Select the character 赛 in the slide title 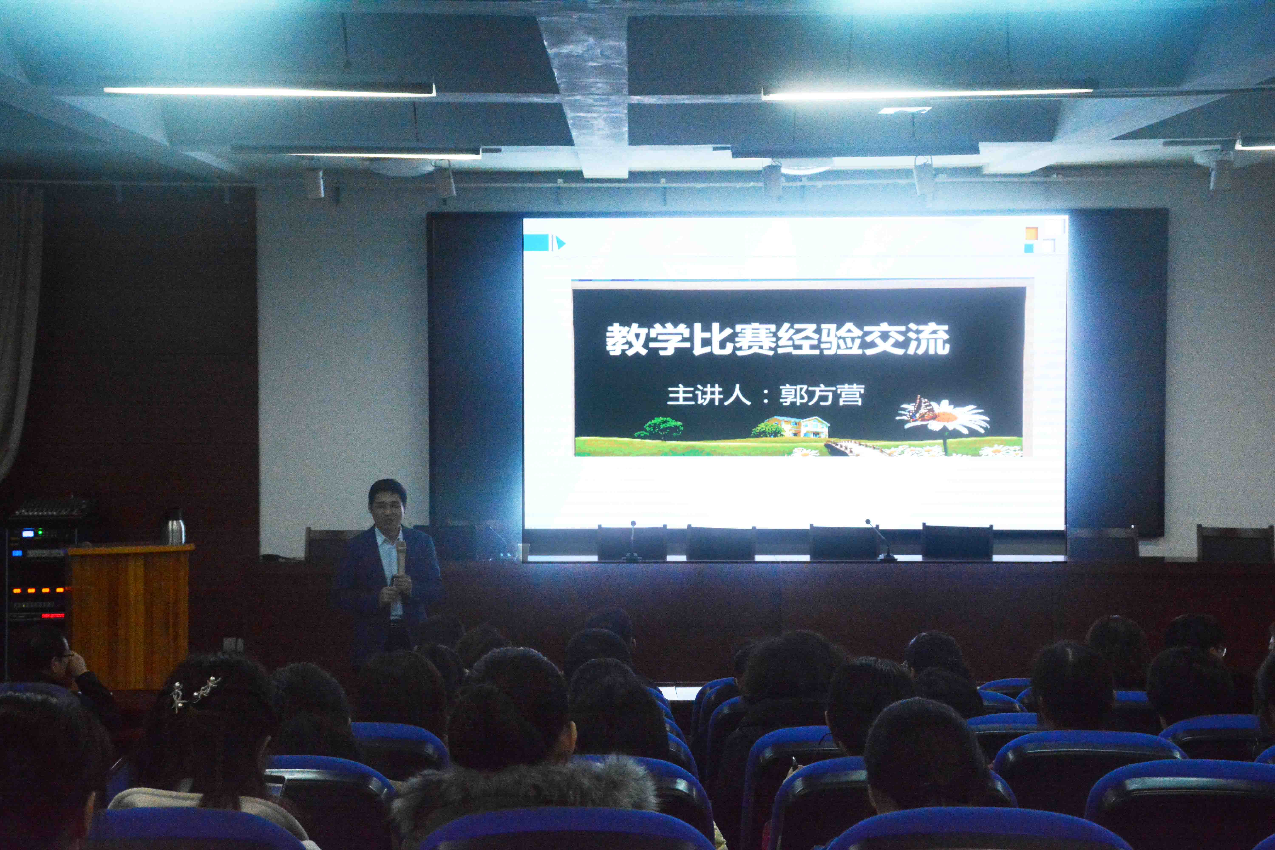click(x=755, y=340)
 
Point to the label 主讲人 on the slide click(x=708, y=395)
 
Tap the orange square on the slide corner click(x=1031, y=233)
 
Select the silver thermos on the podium click(x=174, y=527)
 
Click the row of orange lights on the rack click(x=39, y=590)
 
